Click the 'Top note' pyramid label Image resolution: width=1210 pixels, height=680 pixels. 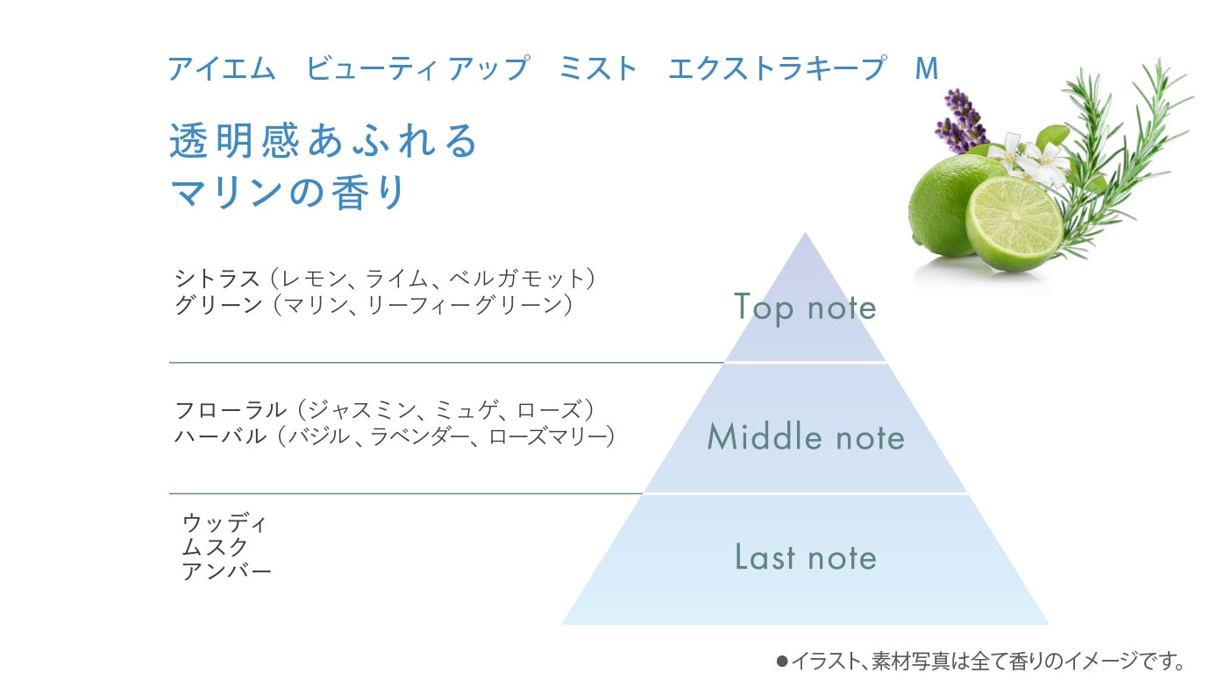805,308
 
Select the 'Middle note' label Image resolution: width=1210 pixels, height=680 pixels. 806,437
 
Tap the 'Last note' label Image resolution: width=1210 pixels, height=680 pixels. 806,557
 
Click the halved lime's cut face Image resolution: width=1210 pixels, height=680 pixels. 1014,223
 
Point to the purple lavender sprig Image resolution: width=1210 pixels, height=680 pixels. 962,122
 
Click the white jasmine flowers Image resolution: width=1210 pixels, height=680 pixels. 1029,159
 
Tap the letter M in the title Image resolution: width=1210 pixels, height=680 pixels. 927,68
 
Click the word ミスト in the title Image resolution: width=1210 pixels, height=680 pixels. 598,68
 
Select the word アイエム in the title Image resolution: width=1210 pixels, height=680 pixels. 222,68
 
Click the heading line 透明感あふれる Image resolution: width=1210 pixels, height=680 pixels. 323,140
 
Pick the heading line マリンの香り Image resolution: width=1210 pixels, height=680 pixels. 288,192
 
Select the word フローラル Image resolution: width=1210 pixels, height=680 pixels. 230,410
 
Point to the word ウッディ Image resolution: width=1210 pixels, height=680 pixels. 224,522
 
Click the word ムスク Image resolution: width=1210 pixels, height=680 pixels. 215,547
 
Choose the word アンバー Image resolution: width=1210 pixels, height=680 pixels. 226,571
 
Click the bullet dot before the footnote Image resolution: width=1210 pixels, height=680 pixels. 781,661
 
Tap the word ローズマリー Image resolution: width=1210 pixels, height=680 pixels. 551,436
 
